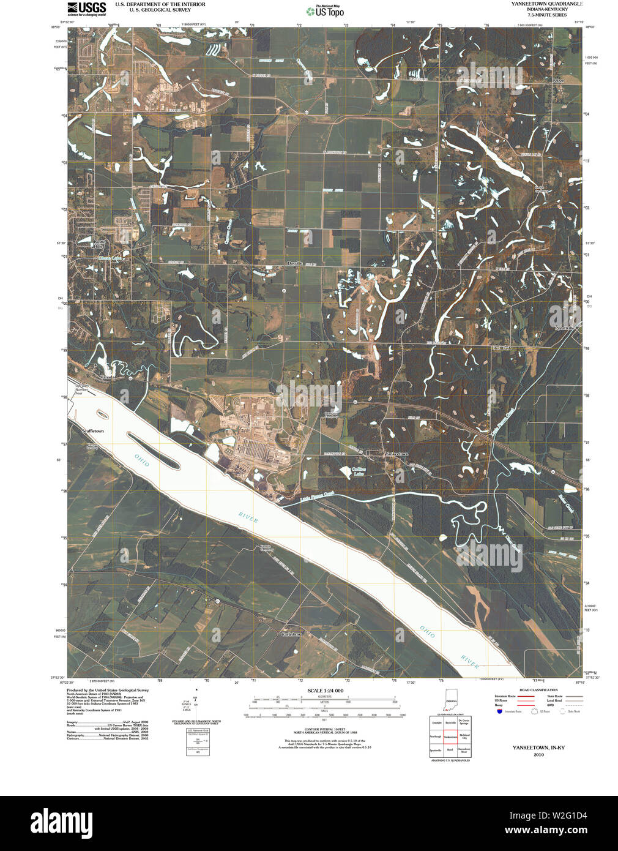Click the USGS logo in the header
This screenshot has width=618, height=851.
click(86, 9)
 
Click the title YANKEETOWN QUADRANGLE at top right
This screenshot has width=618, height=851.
click(547, 4)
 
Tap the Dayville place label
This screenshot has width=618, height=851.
click(295, 263)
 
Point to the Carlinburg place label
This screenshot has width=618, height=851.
click(292, 634)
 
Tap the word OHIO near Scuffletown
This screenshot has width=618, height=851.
click(142, 460)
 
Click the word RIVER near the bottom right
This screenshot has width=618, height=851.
click(470, 662)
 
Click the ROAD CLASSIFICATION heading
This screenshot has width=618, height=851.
click(538, 690)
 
